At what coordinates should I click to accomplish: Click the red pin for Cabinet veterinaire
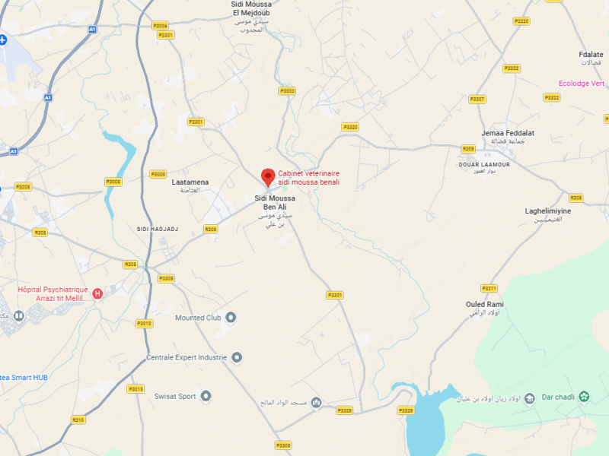[x=268, y=177]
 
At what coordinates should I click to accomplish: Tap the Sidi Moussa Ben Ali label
[x=274, y=202]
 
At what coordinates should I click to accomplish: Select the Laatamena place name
[x=190, y=182]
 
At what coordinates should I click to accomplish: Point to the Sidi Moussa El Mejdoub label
[x=251, y=8]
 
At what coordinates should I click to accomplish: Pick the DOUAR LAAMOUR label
[x=484, y=164]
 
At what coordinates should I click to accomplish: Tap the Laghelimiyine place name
[x=548, y=211]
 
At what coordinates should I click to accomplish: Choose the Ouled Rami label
[x=485, y=305]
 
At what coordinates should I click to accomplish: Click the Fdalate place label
[x=591, y=55]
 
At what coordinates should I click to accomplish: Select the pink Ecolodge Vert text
[x=582, y=84]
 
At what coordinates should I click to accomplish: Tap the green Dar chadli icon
[x=584, y=396]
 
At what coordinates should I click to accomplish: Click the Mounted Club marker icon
[x=231, y=318]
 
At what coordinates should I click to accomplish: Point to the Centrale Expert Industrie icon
[x=237, y=357]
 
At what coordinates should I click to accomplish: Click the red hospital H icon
[x=97, y=293]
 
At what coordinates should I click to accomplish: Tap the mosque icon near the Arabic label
[x=316, y=402]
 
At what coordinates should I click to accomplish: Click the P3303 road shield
[x=286, y=90]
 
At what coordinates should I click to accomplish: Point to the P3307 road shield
[x=477, y=100]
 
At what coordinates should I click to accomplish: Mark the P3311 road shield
[x=489, y=288]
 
